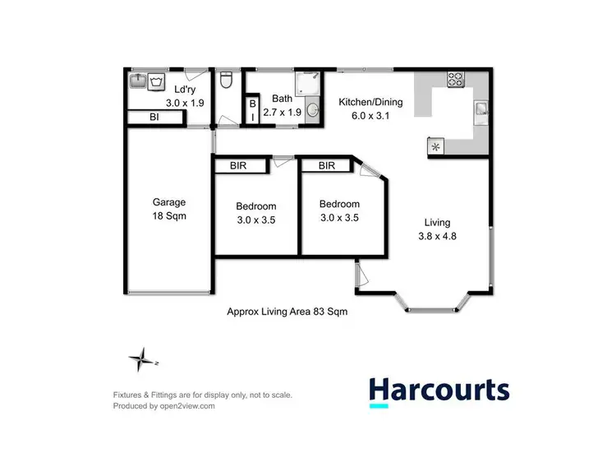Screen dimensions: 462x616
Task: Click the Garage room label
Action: click(169, 202)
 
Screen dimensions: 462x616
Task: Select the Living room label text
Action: click(437, 222)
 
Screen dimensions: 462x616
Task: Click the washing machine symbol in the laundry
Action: click(159, 81)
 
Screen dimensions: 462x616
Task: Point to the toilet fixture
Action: click(228, 82)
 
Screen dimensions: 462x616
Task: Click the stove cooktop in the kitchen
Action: click(455, 81)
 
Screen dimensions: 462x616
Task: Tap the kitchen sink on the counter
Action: click(480, 111)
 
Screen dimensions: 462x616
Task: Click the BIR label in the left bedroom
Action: click(241, 165)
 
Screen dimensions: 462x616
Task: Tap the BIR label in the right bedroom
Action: click(327, 165)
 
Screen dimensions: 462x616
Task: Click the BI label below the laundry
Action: click(154, 118)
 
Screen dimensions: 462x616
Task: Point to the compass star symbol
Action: click(142, 359)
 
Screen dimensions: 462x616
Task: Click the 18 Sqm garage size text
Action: click(169, 217)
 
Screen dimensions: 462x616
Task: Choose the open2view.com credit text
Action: click(163, 405)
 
